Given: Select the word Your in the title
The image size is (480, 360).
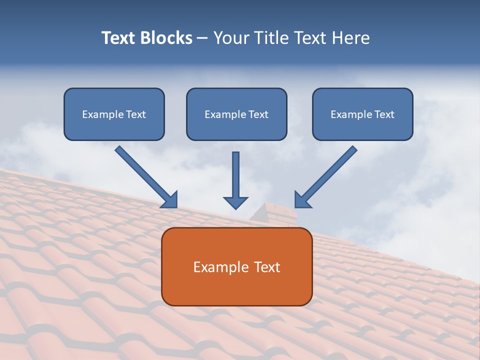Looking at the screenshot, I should (230, 38).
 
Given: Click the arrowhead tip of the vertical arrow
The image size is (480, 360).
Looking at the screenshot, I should (235, 207).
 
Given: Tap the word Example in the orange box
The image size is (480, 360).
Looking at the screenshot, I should (220, 267).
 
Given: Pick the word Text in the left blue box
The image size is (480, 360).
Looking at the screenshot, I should (136, 114).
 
